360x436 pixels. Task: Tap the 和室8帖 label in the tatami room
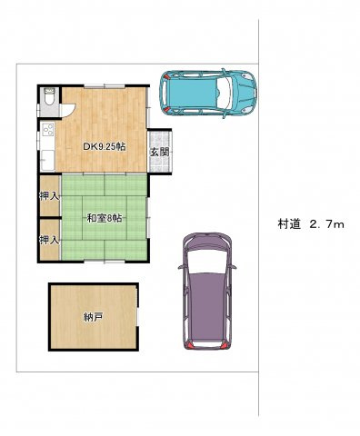pos(105,218)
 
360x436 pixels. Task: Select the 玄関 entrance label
pos(160,153)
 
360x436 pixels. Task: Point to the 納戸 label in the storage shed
pos(93,317)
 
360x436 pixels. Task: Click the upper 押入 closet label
pos(49,196)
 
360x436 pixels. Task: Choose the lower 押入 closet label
pos(49,240)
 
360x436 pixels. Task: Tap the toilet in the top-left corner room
pos(49,96)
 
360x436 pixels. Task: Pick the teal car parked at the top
pos(209,90)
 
